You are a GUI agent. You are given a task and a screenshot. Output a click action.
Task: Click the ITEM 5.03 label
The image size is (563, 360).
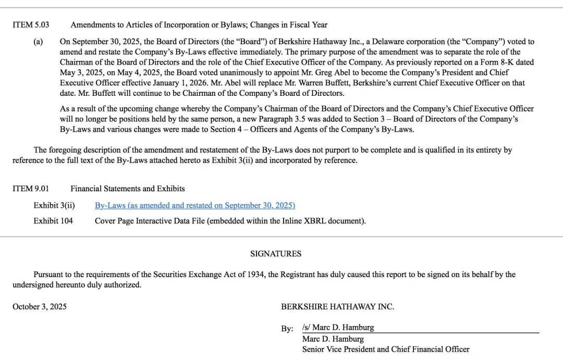(x=31, y=25)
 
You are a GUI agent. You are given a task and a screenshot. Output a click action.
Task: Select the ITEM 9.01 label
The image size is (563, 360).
(x=31, y=189)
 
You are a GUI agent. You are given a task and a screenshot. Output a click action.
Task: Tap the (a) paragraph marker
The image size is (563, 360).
(x=38, y=42)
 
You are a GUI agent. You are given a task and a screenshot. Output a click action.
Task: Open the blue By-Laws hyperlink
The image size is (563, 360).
(x=194, y=206)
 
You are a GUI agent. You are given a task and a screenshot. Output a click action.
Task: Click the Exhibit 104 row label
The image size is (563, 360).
(x=53, y=221)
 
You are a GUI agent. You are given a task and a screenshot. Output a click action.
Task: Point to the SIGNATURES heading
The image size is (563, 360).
(x=276, y=254)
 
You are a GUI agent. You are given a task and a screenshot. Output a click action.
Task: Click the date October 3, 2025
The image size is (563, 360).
(x=40, y=307)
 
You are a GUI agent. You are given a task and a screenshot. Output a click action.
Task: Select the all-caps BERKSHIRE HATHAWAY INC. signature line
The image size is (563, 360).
(x=337, y=307)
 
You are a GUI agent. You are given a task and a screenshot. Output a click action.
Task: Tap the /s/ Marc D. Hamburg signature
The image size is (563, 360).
(x=338, y=328)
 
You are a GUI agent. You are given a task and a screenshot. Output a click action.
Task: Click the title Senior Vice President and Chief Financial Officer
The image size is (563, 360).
(x=386, y=350)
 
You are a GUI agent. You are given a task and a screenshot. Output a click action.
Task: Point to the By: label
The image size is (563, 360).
(x=287, y=329)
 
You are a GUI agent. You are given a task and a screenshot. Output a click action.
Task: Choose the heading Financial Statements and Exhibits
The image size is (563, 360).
(x=128, y=189)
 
